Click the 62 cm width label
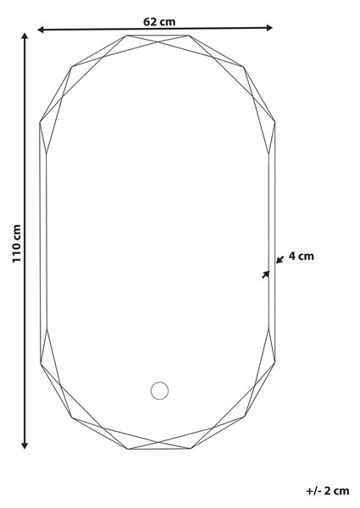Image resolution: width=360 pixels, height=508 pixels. tap(159, 22)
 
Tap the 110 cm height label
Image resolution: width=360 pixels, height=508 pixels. tap(17, 243)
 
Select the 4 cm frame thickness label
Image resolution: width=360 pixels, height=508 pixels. tap(301, 256)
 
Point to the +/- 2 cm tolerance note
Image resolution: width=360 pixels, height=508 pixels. tap(328, 490)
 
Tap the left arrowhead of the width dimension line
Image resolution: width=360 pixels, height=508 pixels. tap(41, 30)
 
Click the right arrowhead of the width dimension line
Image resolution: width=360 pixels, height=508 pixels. tap(269, 28)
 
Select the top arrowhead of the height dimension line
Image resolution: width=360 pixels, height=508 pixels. tap(25, 36)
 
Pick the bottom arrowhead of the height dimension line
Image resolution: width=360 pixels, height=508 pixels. tap(25, 445)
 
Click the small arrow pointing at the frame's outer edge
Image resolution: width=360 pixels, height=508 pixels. tap(280, 259)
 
